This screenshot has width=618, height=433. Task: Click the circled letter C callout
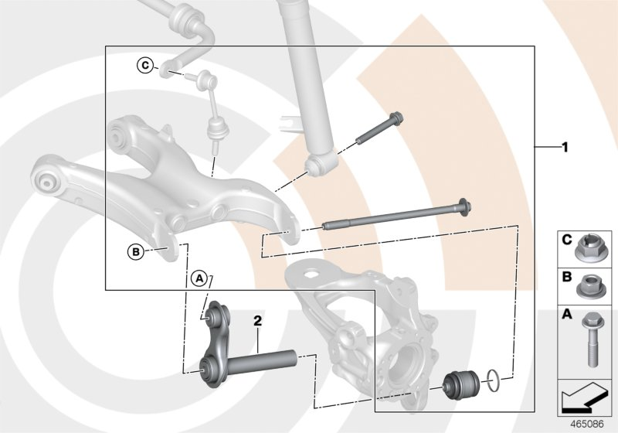point(145,65)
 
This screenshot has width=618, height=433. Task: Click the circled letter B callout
point(135,251)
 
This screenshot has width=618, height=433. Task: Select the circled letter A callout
point(199,277)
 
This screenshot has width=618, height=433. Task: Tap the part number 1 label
point(565,146)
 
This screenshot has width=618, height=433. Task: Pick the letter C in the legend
point(566,240)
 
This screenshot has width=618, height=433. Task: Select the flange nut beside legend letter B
point(593,286)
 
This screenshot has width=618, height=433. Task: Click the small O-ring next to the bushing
point(494,379)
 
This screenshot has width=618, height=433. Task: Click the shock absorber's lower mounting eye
point(317,164)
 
